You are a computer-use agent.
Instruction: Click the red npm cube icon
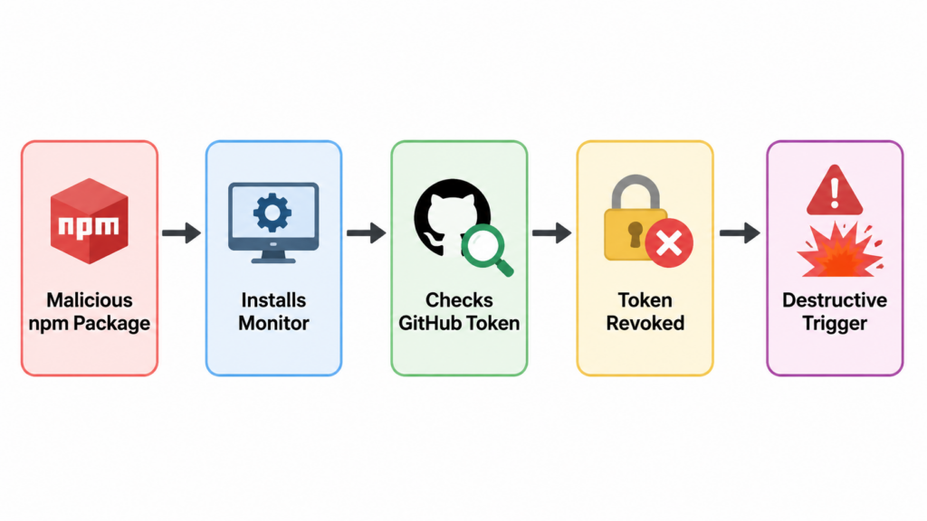click(90, 221)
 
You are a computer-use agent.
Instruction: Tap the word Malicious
click(90, 300)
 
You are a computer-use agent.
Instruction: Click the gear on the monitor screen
click(272, 212)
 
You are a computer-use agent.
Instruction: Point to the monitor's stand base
click(273, 259)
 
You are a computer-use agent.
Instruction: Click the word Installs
click(273, 300)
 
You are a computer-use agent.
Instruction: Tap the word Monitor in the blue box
click(273, 323)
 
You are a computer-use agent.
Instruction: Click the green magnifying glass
click(486, 250)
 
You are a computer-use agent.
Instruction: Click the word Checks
click(459, 300)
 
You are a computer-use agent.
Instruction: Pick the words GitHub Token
click(459, 323)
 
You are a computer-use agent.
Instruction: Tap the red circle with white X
click(669, 243)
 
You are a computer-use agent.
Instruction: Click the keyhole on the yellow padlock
click(635, 234)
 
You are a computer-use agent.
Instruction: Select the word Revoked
click(645, 323)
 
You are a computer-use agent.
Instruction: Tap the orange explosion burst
click(839, 251)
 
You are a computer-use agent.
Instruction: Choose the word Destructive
click(834, 300)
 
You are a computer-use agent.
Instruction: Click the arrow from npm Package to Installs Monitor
click(181, 232)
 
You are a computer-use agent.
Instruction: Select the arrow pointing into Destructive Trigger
click(740, 232)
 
